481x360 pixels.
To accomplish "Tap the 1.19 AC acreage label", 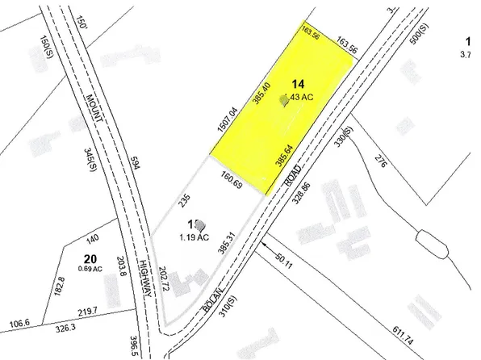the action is coord(194,238).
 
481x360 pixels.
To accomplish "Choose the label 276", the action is coord(381,159).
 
